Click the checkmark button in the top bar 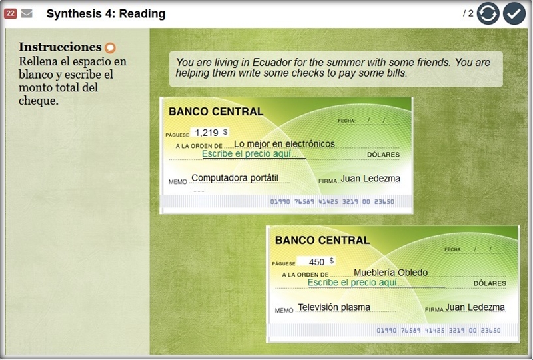(x=514, y=13)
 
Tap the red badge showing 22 (x=10, y=13)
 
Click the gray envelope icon (x=27, y=13)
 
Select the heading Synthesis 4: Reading (x=106, y=13)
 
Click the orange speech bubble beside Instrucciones (x=110, y=47)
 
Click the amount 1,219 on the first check (x=207, y=133)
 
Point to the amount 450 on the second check (x=316, y=261)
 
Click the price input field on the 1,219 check (x=254, y=154)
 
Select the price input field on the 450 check (x=376, y=283)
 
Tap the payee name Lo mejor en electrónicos (x=284, y=143)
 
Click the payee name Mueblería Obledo (x=390, y=273)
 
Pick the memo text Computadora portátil (x=235, y=178)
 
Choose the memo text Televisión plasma (x=334, y=307)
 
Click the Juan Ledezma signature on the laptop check (x=370, y=179)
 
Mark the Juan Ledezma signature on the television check (x=475, y=307)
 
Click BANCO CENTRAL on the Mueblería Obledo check (x=322, y=240)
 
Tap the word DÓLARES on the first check (x=383, y=155)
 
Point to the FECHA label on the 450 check (x=452, y=249)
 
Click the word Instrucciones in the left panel (x=60, y=47)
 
